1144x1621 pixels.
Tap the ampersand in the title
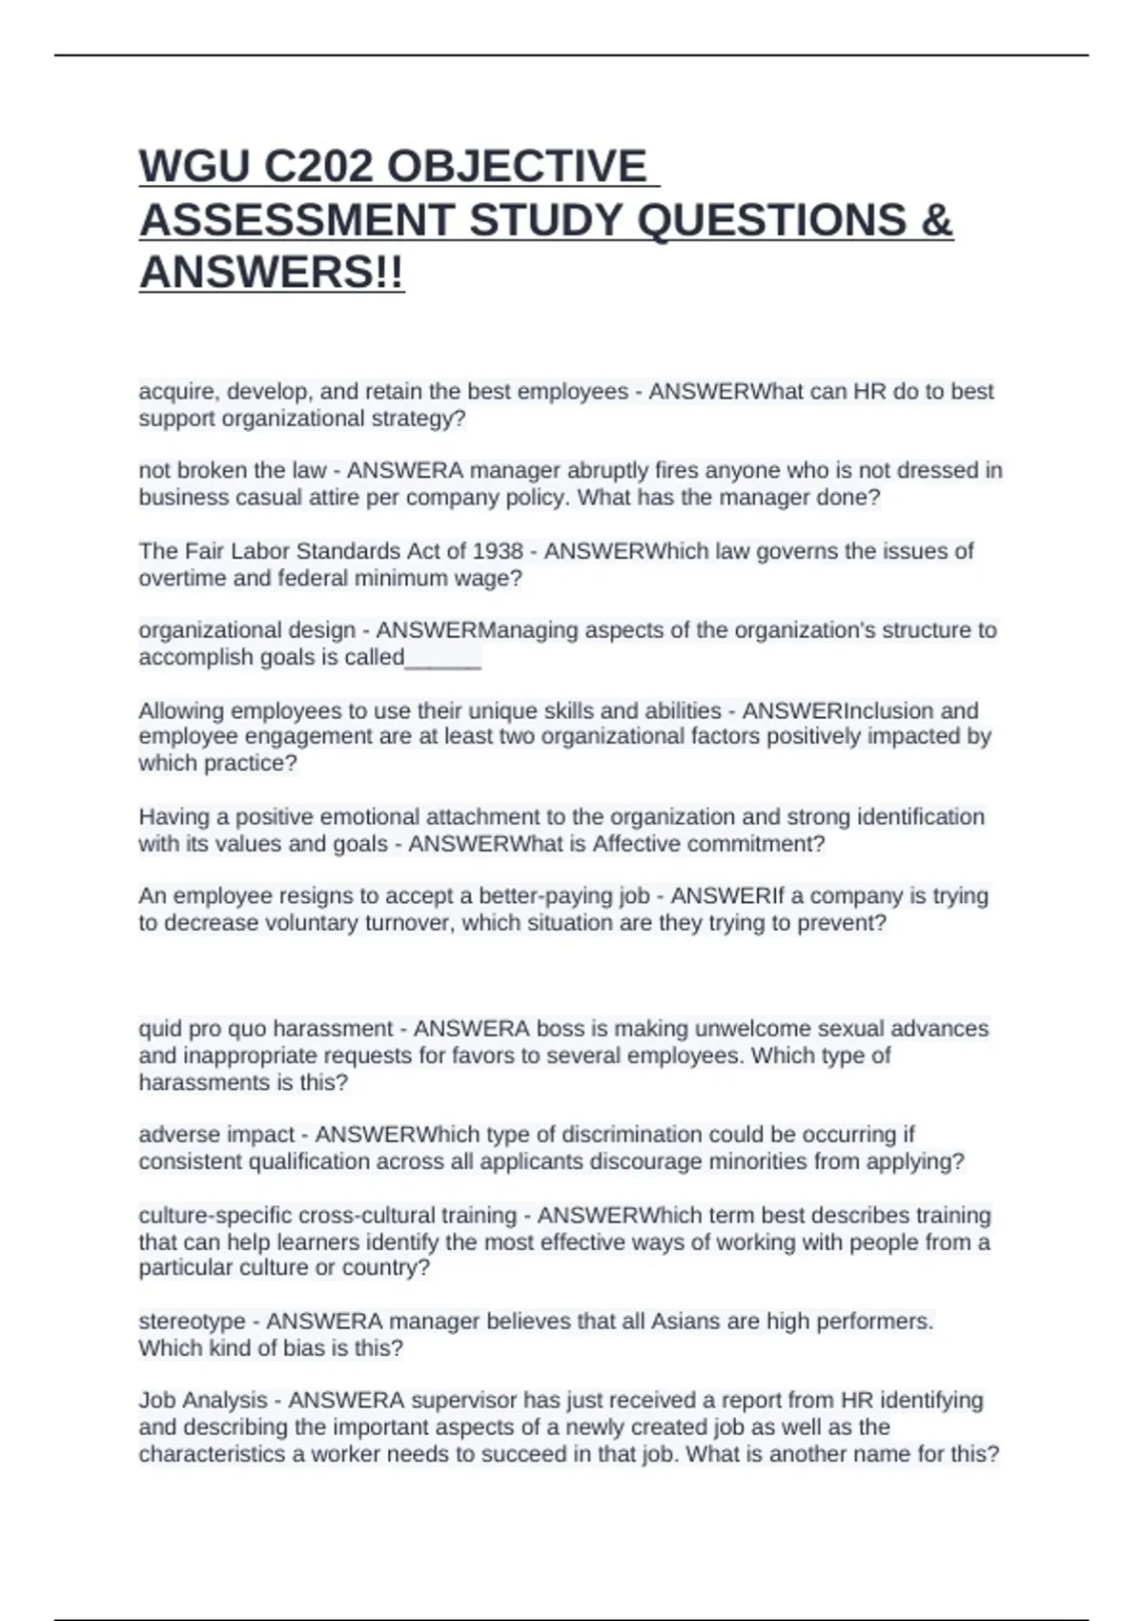(938, 220)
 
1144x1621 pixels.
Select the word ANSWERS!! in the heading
(272, 274)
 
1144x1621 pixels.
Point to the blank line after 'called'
(443, 658)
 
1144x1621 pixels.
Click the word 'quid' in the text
(159, 1030)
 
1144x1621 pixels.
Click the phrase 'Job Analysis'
(202, 1401)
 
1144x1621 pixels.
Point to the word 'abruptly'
(599, 471)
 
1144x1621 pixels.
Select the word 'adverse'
(176, 1135)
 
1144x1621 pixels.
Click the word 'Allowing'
(181, 711)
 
